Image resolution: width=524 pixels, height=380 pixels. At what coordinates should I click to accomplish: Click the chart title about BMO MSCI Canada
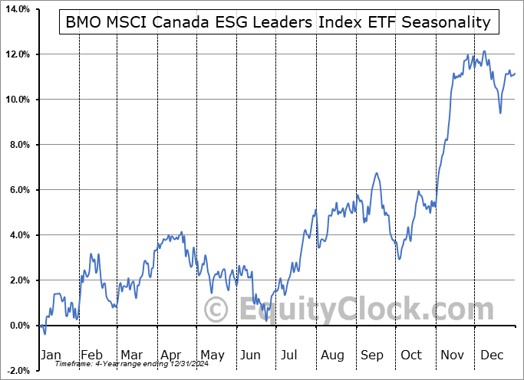point(278,21)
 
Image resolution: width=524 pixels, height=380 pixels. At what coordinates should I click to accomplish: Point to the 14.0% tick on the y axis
point(17,9)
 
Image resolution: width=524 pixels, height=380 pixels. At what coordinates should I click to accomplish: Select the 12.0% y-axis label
point(17,54)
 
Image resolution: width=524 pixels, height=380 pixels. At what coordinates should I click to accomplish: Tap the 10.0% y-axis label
point(17,100)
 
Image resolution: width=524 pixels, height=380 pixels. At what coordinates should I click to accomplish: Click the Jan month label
point(51,355)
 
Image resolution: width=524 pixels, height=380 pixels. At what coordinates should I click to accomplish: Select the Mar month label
point(131,355)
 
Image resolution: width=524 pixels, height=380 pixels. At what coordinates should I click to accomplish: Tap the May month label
point(212,355)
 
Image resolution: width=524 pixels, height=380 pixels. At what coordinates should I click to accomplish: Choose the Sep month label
point(374,355)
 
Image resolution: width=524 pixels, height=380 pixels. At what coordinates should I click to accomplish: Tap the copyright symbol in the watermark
point(217,310)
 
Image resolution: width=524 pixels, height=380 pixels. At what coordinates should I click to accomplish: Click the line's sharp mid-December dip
point(500,113)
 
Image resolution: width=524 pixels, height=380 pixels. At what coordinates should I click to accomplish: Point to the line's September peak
point(377,173)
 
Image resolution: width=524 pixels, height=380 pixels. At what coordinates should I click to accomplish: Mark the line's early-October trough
point(400,258)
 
